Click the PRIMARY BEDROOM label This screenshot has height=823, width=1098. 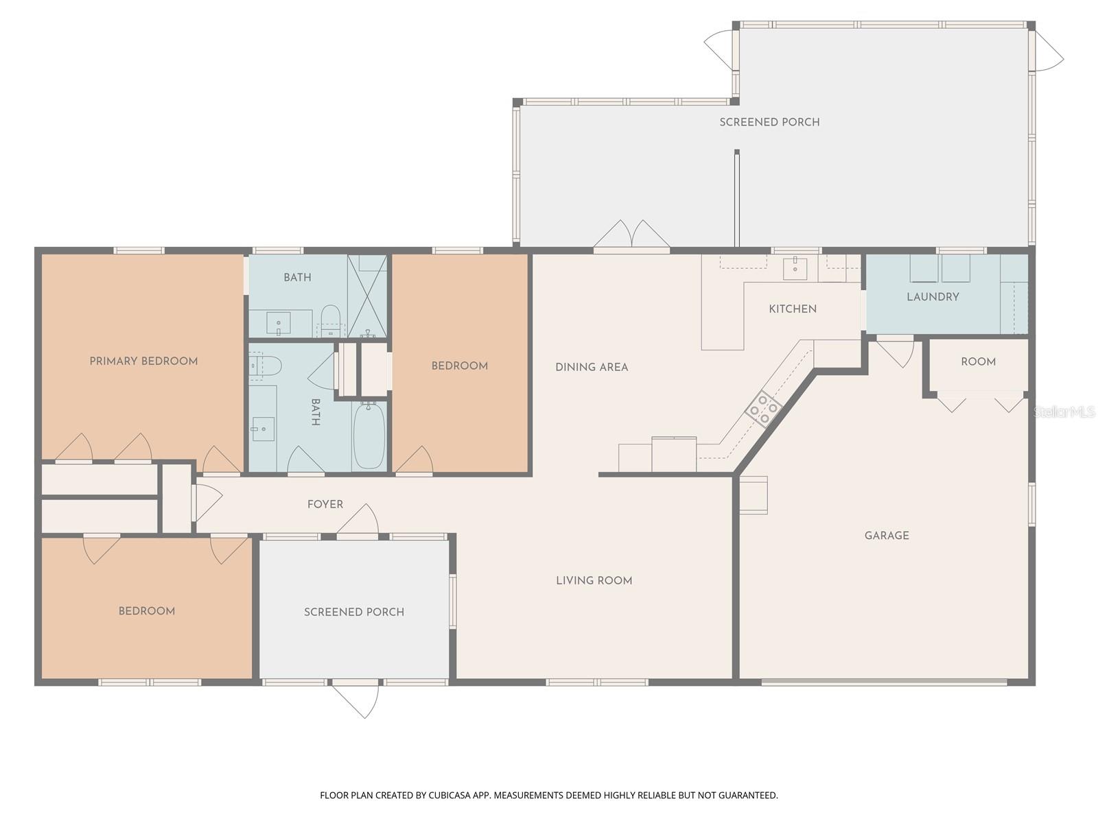(x=143, y=361)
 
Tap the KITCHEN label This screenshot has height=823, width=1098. (x=793, y=309)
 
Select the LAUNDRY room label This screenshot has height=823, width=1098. (x=933, y=297)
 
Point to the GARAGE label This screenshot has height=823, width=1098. (x=887, y=536)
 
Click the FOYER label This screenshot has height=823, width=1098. (x=325, y=504)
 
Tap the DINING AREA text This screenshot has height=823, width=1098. (x=592, y=368)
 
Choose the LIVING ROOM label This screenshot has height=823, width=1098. (x=594, y=581)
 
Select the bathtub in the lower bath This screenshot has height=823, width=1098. (x=369, y=436)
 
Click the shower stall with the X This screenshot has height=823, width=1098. (x=367, y=296)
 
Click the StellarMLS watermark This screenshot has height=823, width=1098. (x=1064, y=412)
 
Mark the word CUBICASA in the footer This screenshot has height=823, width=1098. (x=449, y=796)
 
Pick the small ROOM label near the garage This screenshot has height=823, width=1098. (x=978, y=362)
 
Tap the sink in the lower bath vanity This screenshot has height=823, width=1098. (x=262, y=429)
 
